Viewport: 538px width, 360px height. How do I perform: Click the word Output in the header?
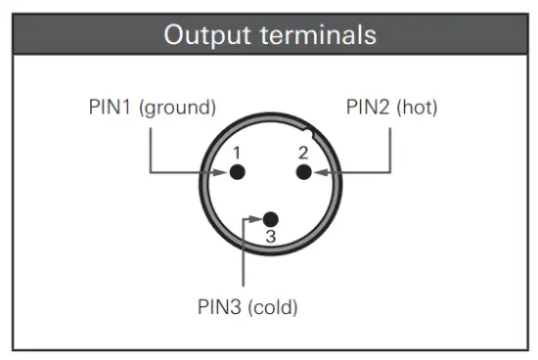click(202, 35)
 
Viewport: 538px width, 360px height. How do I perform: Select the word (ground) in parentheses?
click(179, 107)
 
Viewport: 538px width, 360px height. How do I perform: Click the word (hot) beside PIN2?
click(419, 107)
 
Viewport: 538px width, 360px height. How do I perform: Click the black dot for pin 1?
click(237, 172)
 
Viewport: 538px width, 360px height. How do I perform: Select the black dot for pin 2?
click(303, 172)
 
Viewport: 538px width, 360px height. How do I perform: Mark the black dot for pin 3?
click(271, 218)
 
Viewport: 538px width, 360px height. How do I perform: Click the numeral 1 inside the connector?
click(236, 153)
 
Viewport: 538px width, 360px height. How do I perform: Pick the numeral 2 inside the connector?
click(303, 152)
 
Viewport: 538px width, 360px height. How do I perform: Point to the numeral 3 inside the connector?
click(271, 237)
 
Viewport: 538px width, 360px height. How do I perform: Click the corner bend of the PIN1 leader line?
click(150, 172)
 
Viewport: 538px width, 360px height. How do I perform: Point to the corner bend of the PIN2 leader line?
click(391, 172)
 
